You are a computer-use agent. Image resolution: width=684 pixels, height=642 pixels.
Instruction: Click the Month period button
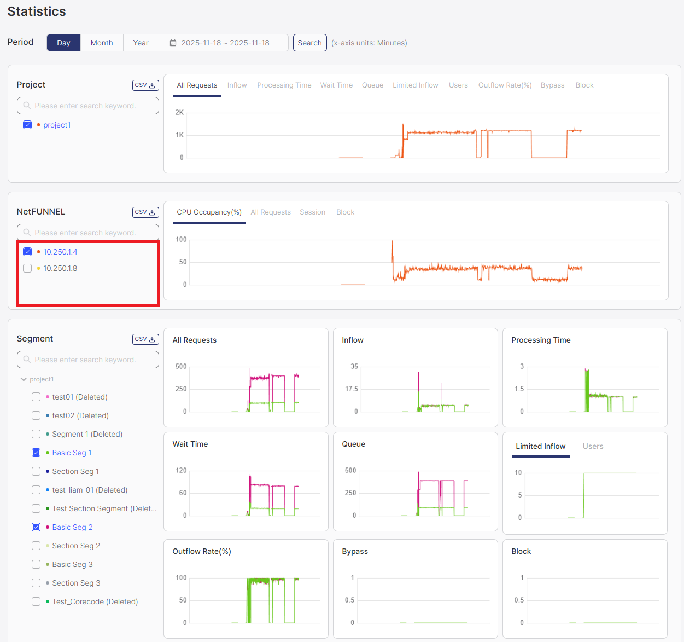pos(102,43)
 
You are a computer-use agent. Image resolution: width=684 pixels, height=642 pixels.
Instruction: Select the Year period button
pos(141,43)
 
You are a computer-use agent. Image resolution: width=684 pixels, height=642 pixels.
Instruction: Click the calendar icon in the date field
pos(173,43)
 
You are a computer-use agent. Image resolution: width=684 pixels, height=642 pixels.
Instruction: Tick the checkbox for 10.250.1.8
pos(27,268)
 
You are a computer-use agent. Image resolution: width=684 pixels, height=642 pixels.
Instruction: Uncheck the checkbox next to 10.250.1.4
pos(27,252)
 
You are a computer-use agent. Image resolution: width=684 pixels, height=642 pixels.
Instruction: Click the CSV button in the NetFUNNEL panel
pos(145,212)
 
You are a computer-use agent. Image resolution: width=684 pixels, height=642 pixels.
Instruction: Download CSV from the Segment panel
pos(145,339)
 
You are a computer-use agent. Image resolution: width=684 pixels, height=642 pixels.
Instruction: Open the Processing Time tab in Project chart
pos(284,85)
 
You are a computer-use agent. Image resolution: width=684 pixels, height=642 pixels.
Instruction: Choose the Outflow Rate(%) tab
pos(505,85)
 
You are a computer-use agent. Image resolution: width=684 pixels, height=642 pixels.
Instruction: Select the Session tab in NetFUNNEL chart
pos(312,212)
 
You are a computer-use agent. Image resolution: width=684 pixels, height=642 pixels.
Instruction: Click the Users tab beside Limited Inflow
pos(593,446)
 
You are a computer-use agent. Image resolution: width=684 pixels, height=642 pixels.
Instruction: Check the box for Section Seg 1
pos(36,471)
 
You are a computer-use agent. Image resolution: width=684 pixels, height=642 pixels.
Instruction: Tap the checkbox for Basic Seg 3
pos(36,564)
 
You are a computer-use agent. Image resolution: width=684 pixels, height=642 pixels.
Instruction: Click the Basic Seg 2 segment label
pos(72,527)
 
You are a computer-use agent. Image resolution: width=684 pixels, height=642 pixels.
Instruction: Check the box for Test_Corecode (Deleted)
pos(36,601)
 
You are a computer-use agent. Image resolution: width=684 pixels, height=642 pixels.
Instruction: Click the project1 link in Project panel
pos(57,125)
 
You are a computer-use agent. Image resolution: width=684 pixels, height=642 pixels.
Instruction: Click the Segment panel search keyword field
pos(88,360)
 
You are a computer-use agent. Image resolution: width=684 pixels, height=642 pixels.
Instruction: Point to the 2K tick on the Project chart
pos(179,112)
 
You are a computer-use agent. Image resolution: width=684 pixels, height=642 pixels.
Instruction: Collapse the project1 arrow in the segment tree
pos(24,379)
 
